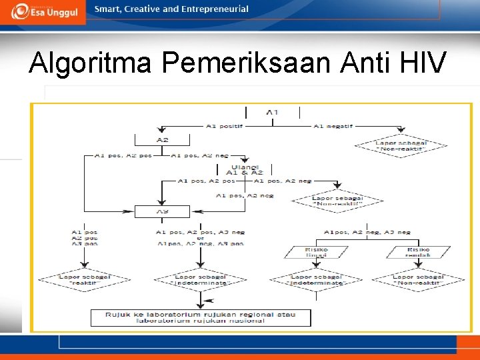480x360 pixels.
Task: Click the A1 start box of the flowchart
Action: [x=272, y=112]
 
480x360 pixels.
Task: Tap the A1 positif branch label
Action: [x=223, y=125]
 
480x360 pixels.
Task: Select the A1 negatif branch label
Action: [x=333, y=125]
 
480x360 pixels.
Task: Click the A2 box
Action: [x=162, y=140]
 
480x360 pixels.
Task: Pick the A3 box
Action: [x=162, y=211]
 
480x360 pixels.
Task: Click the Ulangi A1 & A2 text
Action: [x=245, y=169]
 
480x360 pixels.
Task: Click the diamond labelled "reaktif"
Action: [x=85, y=280]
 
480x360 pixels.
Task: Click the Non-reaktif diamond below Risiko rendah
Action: [x=419, y=280]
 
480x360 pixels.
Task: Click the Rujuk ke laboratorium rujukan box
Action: [x=201, y=317]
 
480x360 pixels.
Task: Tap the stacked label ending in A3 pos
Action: [x=85, y=237]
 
